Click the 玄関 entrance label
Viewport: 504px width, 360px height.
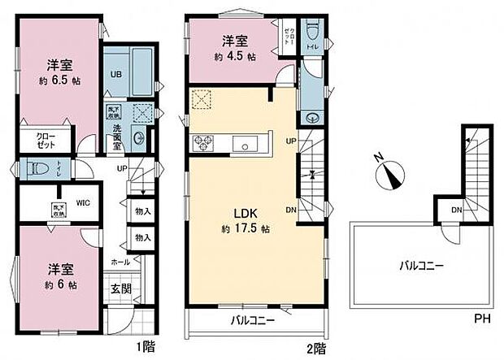pyautogui.click(x=119, y=288)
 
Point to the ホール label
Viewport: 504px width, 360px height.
pyautogui.click(x=119, y=262)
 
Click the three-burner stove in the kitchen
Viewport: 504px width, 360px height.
pyautogui.click(x=203, y=144)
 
